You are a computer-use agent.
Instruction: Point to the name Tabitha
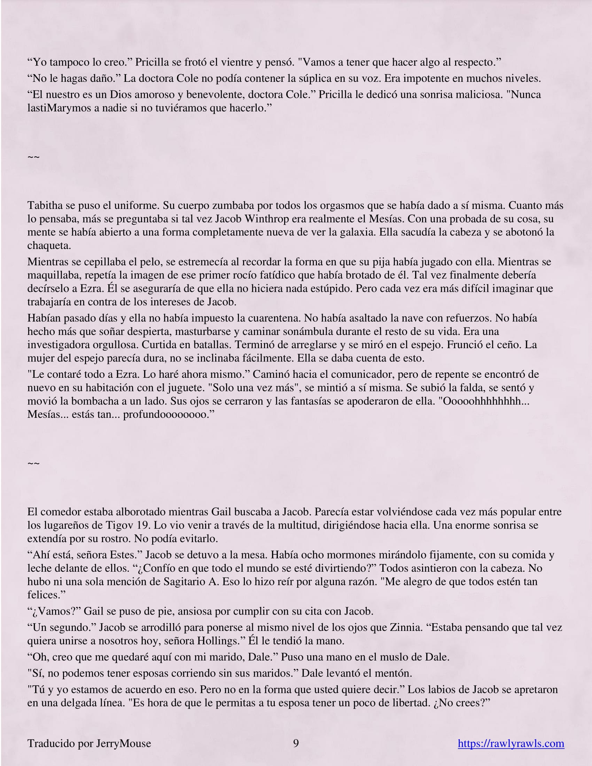coord(44,205)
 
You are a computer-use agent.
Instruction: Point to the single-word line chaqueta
coord(49,245)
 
